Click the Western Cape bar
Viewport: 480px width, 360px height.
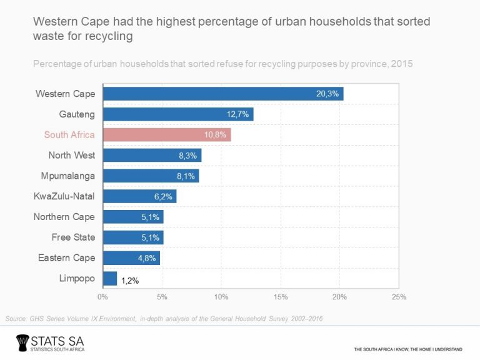pyautogui.click(x=222, y=94)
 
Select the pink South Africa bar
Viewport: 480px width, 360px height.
pyautogui.click(x=166, y=134)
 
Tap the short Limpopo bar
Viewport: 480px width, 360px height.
pyautogui.click(x=109, y=278)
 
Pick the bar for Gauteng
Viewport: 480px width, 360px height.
pyautogui.click(x=177, y=114)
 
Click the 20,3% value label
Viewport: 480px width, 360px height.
pyautogui.click(x=327, y=94)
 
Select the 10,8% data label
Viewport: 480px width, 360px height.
pyautogui.click(x=216, y=135)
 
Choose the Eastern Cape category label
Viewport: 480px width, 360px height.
pyautogui.click(x=67, y=257)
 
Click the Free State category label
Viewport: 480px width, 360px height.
pyautogui.click(x=73, y=237)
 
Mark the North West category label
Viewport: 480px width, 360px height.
pyautogui.click(x=71, y=155)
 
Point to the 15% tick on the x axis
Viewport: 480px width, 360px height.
pyautogui.click(x=280, y=296)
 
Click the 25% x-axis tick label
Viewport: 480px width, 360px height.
pyautogui.click(x=398, y=296)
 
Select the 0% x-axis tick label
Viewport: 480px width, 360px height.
pyautogui.click(x=102, y=296)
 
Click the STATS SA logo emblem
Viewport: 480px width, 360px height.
pyautogui.click(x=24, y=342)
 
